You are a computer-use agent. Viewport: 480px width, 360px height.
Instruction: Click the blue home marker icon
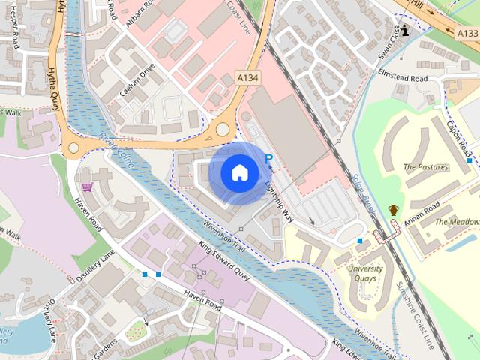pos(239,172)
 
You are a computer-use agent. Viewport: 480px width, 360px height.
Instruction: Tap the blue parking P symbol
pos(269,159)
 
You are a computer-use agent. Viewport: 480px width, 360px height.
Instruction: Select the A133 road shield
pos(467,34)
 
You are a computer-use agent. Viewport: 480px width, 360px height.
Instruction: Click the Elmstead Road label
pos(403,78)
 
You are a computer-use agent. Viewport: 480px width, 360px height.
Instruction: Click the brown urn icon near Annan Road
pos(393,210)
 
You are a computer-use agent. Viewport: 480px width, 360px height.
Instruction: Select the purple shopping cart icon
pos(87,187)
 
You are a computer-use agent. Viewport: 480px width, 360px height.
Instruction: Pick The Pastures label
pos(425,166)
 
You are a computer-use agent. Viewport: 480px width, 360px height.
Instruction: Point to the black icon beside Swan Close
pos(406,31)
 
